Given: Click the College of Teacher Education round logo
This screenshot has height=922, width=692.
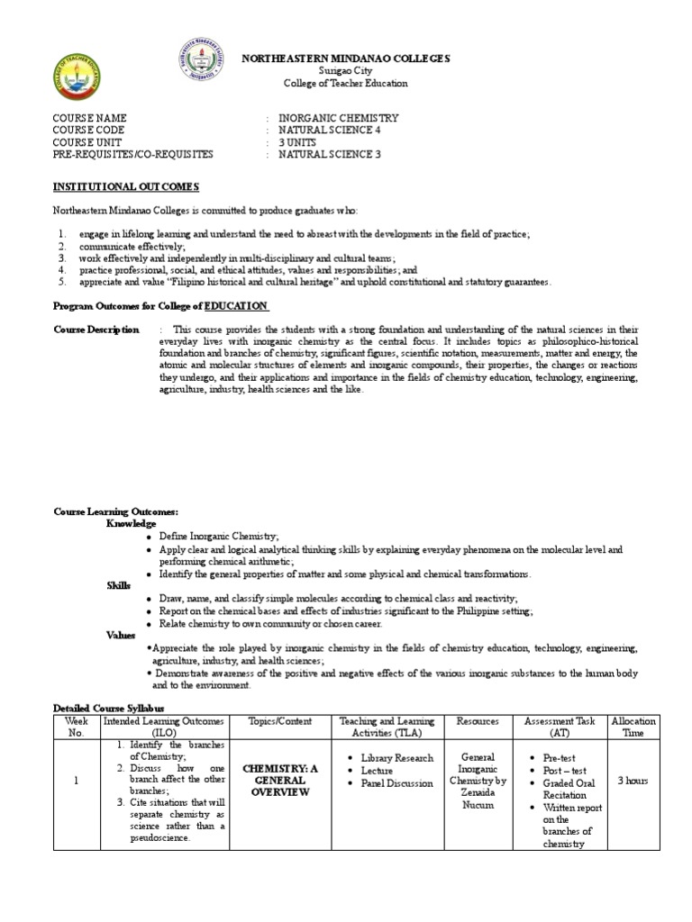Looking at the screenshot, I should (x=77, y=79).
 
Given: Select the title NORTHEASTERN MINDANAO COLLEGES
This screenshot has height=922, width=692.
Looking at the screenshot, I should (x=346, y=59).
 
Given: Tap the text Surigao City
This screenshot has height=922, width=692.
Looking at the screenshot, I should (x=345, y=71).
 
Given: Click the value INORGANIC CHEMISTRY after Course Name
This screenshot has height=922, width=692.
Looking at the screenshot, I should (x=338, y=118).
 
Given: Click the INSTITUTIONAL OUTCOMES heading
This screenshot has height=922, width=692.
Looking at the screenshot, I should (x=126, y=186).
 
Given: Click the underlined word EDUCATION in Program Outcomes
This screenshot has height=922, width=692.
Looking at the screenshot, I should (x=236, y=306).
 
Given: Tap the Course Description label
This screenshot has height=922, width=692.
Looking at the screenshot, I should (x=96, y=330).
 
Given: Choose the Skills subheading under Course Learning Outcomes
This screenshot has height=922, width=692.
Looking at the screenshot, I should (x=119, y=585).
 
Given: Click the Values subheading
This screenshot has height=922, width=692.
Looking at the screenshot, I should (x=121, y=635).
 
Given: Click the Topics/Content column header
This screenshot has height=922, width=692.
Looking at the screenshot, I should (x=281, y=721).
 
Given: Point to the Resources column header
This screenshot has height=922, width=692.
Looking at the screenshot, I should (x=478, y=721).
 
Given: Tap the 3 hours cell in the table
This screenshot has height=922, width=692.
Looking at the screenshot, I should (x=633, y=781).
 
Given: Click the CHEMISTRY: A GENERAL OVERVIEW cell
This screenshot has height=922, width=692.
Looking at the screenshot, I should (x=281, y=780).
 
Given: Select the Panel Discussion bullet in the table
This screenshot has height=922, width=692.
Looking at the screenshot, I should (x=396, y=783).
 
